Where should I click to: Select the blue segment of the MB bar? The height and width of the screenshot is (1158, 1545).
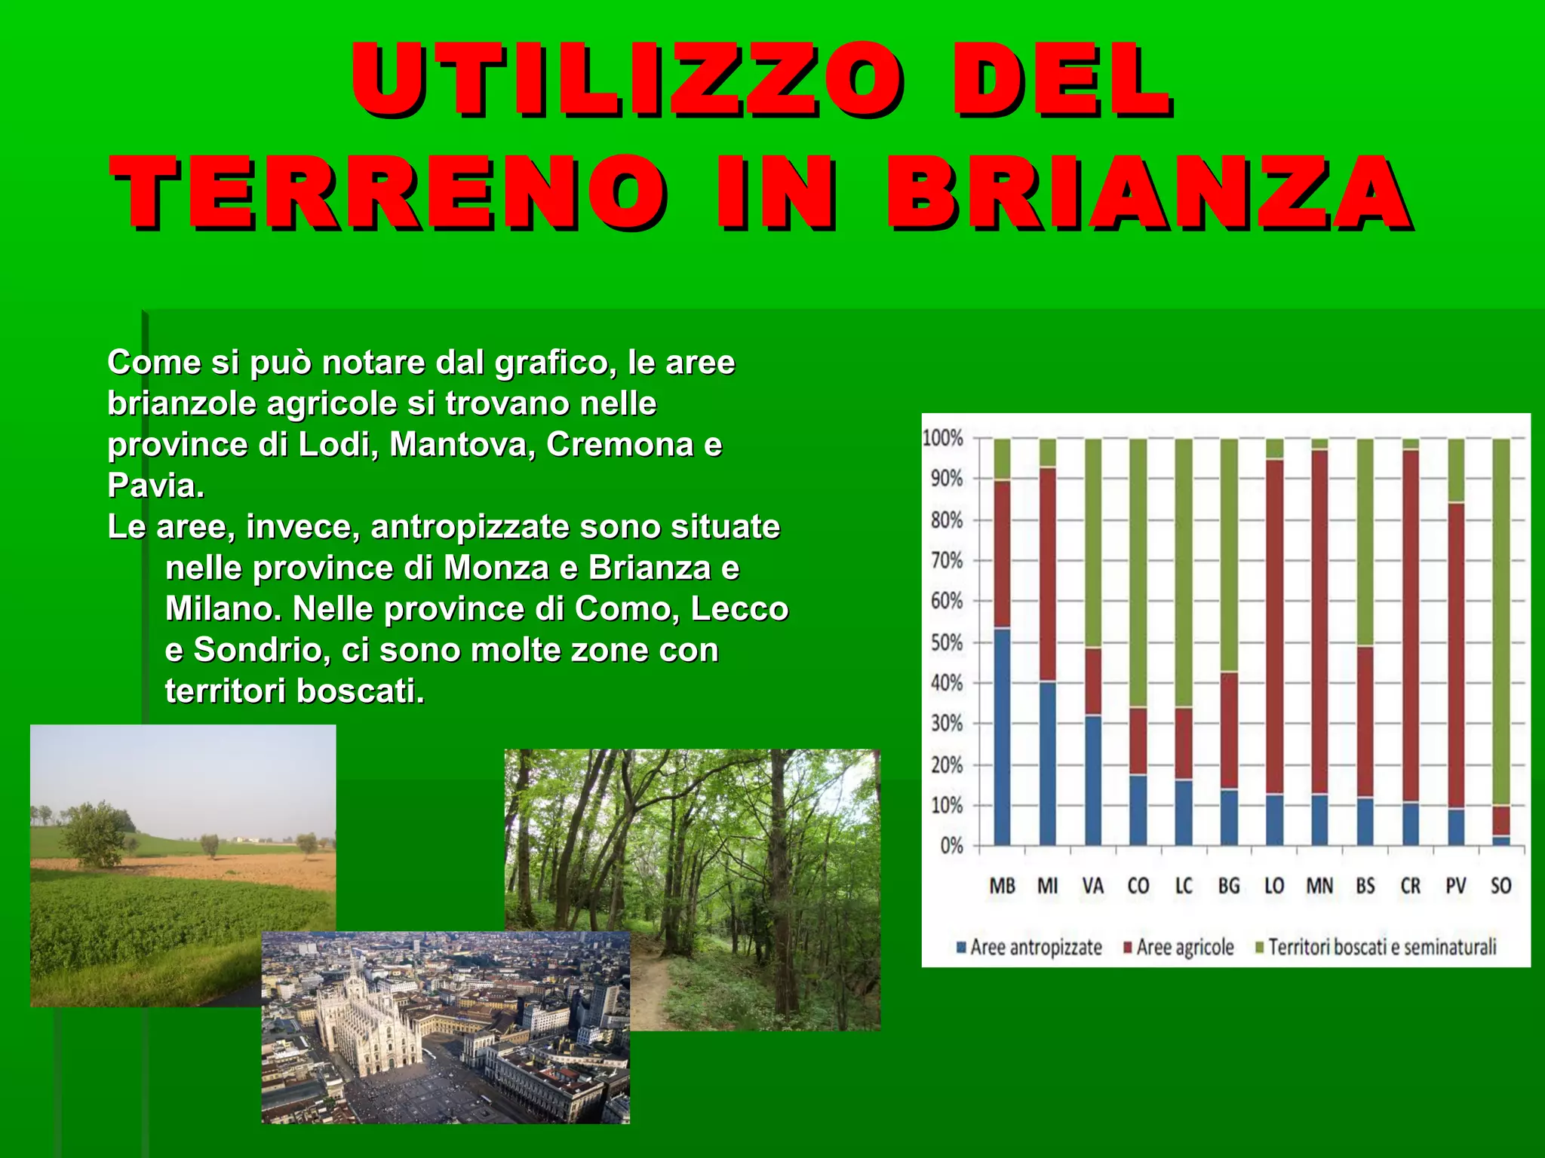1002,735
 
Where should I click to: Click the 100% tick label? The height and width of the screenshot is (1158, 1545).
943,438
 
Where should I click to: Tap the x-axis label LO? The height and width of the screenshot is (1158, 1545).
1274,886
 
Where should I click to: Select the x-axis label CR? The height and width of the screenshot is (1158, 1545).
1410,886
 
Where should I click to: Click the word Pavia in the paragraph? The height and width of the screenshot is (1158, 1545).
155,486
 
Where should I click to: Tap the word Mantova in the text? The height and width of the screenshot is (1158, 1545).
461,445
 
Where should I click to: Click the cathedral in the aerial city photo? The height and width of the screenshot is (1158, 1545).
362,1018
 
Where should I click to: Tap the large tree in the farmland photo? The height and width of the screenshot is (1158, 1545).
94,833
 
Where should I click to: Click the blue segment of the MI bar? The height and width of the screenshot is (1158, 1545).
1047,761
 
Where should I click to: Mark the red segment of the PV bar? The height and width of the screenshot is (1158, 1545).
1456,656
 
